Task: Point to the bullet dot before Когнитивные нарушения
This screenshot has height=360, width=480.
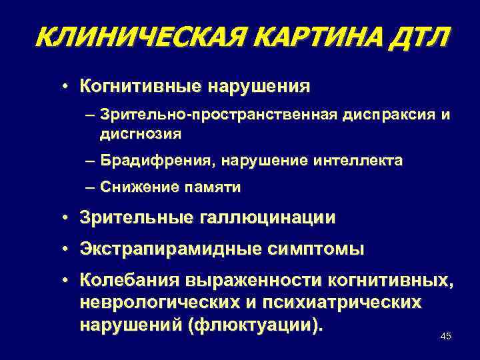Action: [69, 87]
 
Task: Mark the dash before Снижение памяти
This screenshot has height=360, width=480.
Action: [90, 188]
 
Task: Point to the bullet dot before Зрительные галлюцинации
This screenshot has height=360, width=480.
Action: [69, 217]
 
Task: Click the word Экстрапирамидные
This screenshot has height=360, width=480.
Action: [169, 250]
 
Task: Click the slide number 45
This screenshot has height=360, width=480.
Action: [446, 336]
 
